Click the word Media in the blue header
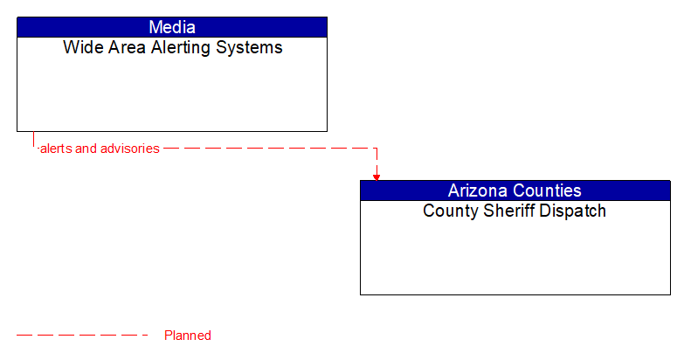tap(172, 27)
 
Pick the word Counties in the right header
tap(549, 190)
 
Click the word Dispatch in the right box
tap(573, 211)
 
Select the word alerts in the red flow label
tap(56, 149)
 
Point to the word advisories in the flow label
tap(130, 149)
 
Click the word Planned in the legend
tap(188, 336)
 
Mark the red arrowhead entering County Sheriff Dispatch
tap(377, 177)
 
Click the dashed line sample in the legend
tap(83, 336)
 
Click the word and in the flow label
tap(86, 149)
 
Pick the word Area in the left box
tap(121, 48)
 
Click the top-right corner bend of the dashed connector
tap(377, 149)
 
